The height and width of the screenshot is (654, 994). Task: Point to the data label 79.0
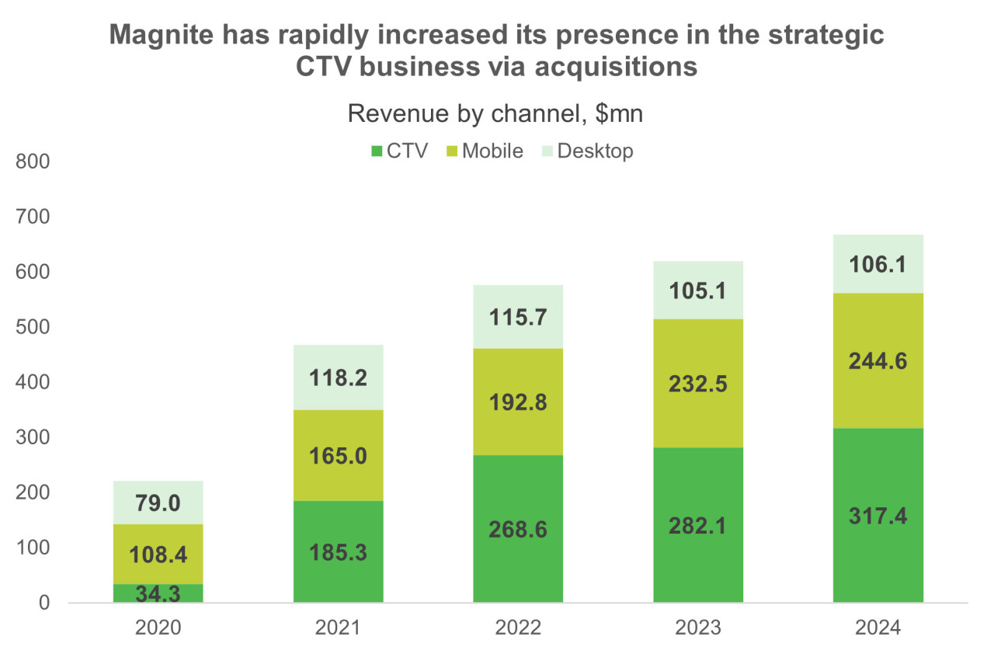pos(158,503)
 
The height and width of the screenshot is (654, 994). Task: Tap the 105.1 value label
pos(698,290)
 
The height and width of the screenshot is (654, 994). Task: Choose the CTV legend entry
pos(400,151)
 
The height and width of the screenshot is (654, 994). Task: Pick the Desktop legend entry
pos(586,151)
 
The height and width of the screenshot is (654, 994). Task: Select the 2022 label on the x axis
pos(518,628)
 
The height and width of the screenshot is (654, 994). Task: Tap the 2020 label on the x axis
pos(158,628)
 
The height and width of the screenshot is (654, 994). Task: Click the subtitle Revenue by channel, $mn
pos(495,113)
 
